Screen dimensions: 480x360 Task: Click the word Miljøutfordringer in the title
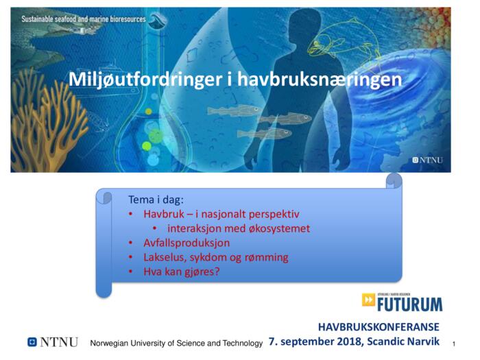145,80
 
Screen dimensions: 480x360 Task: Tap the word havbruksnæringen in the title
320,80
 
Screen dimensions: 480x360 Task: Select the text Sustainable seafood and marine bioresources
84,19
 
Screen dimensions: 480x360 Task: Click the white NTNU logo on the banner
427,160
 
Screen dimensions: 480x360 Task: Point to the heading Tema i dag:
156,200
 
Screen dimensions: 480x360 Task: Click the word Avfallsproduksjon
187,243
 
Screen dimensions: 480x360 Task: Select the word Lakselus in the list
165,257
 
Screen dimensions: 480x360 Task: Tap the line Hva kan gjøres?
182,272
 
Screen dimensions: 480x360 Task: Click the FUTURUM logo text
409,304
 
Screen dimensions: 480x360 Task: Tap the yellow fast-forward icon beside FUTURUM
368,300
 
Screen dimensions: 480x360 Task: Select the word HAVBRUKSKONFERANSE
379,327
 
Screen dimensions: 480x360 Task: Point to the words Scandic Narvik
403,341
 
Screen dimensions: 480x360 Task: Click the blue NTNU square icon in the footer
32,342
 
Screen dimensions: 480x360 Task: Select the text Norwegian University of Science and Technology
176,343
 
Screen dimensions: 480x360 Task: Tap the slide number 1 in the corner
454,344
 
